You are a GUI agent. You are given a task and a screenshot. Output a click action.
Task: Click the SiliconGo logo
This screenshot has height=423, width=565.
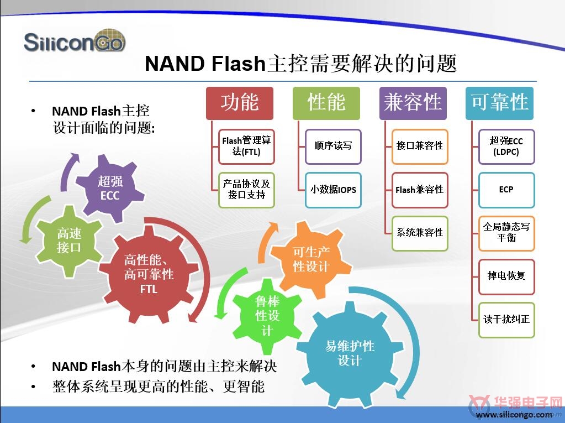coord(75,41)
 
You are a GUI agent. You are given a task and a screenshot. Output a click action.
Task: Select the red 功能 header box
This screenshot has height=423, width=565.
coord(240,103)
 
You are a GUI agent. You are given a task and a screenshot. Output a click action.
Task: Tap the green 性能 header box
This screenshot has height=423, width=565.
coord(326,103)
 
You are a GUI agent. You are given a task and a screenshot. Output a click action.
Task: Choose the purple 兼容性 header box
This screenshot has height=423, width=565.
coord(413,103)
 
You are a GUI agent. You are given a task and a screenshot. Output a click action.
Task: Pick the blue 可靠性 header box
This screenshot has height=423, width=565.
coord(499,103)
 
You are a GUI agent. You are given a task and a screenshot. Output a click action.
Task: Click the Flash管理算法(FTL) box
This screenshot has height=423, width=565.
coord(246,147)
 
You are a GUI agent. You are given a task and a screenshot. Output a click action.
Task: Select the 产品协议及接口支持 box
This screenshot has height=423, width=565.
coord(246,190)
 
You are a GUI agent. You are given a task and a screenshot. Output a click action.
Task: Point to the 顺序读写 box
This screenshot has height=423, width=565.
coord(333,147)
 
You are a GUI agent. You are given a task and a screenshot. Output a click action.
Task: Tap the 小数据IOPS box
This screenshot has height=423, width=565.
coord(333,190)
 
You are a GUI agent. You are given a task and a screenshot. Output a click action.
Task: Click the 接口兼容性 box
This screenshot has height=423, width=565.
coord(420,147)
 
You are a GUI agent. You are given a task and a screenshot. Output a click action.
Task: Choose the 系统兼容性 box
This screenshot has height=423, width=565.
coord(420,233)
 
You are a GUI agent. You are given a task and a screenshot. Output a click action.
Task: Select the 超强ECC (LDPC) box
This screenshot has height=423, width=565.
coord(506,147)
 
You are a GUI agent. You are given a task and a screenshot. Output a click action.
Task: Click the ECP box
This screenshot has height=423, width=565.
coord(506,190)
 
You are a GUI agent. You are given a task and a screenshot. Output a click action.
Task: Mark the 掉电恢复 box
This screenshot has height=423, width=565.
coord(506,276)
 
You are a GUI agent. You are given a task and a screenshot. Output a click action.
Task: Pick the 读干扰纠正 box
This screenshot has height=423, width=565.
coord(506,320)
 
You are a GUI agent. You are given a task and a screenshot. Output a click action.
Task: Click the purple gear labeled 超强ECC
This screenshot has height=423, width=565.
coord(110,188)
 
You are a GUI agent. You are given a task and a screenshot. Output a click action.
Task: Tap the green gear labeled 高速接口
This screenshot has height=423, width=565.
coord(69,241)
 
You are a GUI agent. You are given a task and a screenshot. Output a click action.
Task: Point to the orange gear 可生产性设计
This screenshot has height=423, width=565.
coord(310,259)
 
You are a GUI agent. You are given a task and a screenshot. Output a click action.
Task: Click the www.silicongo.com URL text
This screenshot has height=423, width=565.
coord(514,415)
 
